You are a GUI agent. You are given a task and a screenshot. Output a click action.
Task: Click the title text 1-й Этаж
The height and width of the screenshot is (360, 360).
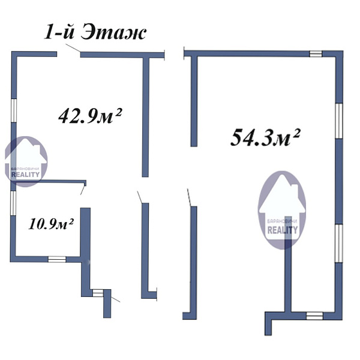[95, 33]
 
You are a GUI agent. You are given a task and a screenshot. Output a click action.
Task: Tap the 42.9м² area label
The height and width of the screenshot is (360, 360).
[90, 116]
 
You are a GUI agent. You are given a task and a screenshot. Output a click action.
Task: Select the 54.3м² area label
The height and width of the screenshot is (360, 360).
[265, 137]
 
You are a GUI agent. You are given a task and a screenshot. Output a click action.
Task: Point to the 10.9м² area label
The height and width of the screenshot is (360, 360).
[51, 224]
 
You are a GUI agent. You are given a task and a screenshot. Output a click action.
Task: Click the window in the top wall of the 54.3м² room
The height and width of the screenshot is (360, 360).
[316, 54]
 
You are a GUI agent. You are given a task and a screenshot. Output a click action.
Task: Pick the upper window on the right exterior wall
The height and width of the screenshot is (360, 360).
[339, 121]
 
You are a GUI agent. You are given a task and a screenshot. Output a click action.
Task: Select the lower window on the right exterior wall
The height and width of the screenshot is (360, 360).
[339, 243]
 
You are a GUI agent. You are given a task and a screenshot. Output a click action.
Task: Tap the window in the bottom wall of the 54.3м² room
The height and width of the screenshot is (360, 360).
[314, 316]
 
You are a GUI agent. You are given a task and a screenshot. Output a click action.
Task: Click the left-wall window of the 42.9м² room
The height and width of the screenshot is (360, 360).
[14, 110]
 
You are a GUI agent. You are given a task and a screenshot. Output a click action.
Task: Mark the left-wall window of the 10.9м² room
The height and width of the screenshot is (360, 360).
[13, 203]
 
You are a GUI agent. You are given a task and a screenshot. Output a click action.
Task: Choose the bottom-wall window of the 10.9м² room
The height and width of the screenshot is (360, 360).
[57, 259]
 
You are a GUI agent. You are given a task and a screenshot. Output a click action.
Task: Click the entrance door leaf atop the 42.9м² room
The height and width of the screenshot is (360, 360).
[73, 48]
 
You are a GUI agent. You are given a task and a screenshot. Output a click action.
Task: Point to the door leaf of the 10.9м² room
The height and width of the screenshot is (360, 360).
[83, 190]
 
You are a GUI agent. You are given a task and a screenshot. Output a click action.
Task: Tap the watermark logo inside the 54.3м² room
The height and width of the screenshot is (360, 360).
[282, 210]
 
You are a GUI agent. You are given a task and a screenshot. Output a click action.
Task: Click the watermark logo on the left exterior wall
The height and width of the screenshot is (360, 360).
[26, 161]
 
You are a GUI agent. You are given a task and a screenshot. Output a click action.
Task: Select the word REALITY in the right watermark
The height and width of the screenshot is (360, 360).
[283, 230]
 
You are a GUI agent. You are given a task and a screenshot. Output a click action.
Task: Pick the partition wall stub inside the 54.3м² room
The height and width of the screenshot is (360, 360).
[288, 264]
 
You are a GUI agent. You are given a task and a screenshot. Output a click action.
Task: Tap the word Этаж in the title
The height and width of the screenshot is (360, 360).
[113, 33]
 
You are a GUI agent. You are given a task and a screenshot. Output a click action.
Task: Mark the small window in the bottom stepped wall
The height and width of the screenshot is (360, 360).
[98, 293]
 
